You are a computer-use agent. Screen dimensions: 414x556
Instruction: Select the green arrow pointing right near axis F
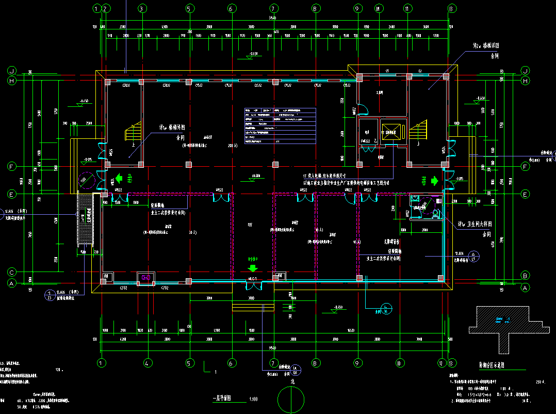[434, 181]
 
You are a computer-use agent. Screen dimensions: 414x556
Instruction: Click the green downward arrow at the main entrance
[253, 268]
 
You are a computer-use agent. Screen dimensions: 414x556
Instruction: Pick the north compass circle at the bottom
[292, 399]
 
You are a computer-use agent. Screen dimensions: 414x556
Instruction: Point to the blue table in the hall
[280, 126]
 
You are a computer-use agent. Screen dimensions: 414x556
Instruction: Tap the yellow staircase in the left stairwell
[133, 132]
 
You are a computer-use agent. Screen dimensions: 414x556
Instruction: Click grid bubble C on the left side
[11, 273]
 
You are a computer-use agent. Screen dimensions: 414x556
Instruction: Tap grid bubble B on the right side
[526, 275]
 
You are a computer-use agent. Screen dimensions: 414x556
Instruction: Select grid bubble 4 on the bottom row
[146, 363]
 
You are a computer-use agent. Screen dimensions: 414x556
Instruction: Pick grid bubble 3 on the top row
[143, 8]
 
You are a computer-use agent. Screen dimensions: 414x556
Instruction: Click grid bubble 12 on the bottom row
[441, 363]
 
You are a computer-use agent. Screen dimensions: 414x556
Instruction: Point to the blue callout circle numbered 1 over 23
[50, 295]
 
